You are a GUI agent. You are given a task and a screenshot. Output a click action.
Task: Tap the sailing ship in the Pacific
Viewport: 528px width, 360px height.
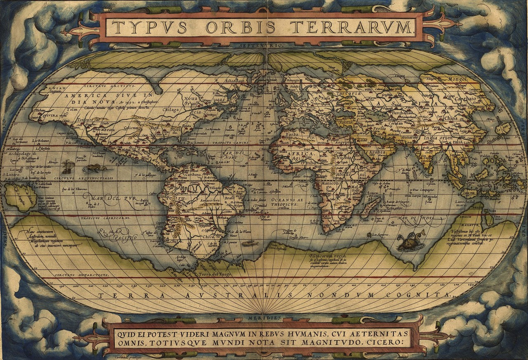pyautogui.click(x=68, y=167)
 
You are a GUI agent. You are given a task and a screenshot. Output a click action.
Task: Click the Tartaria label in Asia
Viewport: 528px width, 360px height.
pyautogui.click(x=348, y=93)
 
